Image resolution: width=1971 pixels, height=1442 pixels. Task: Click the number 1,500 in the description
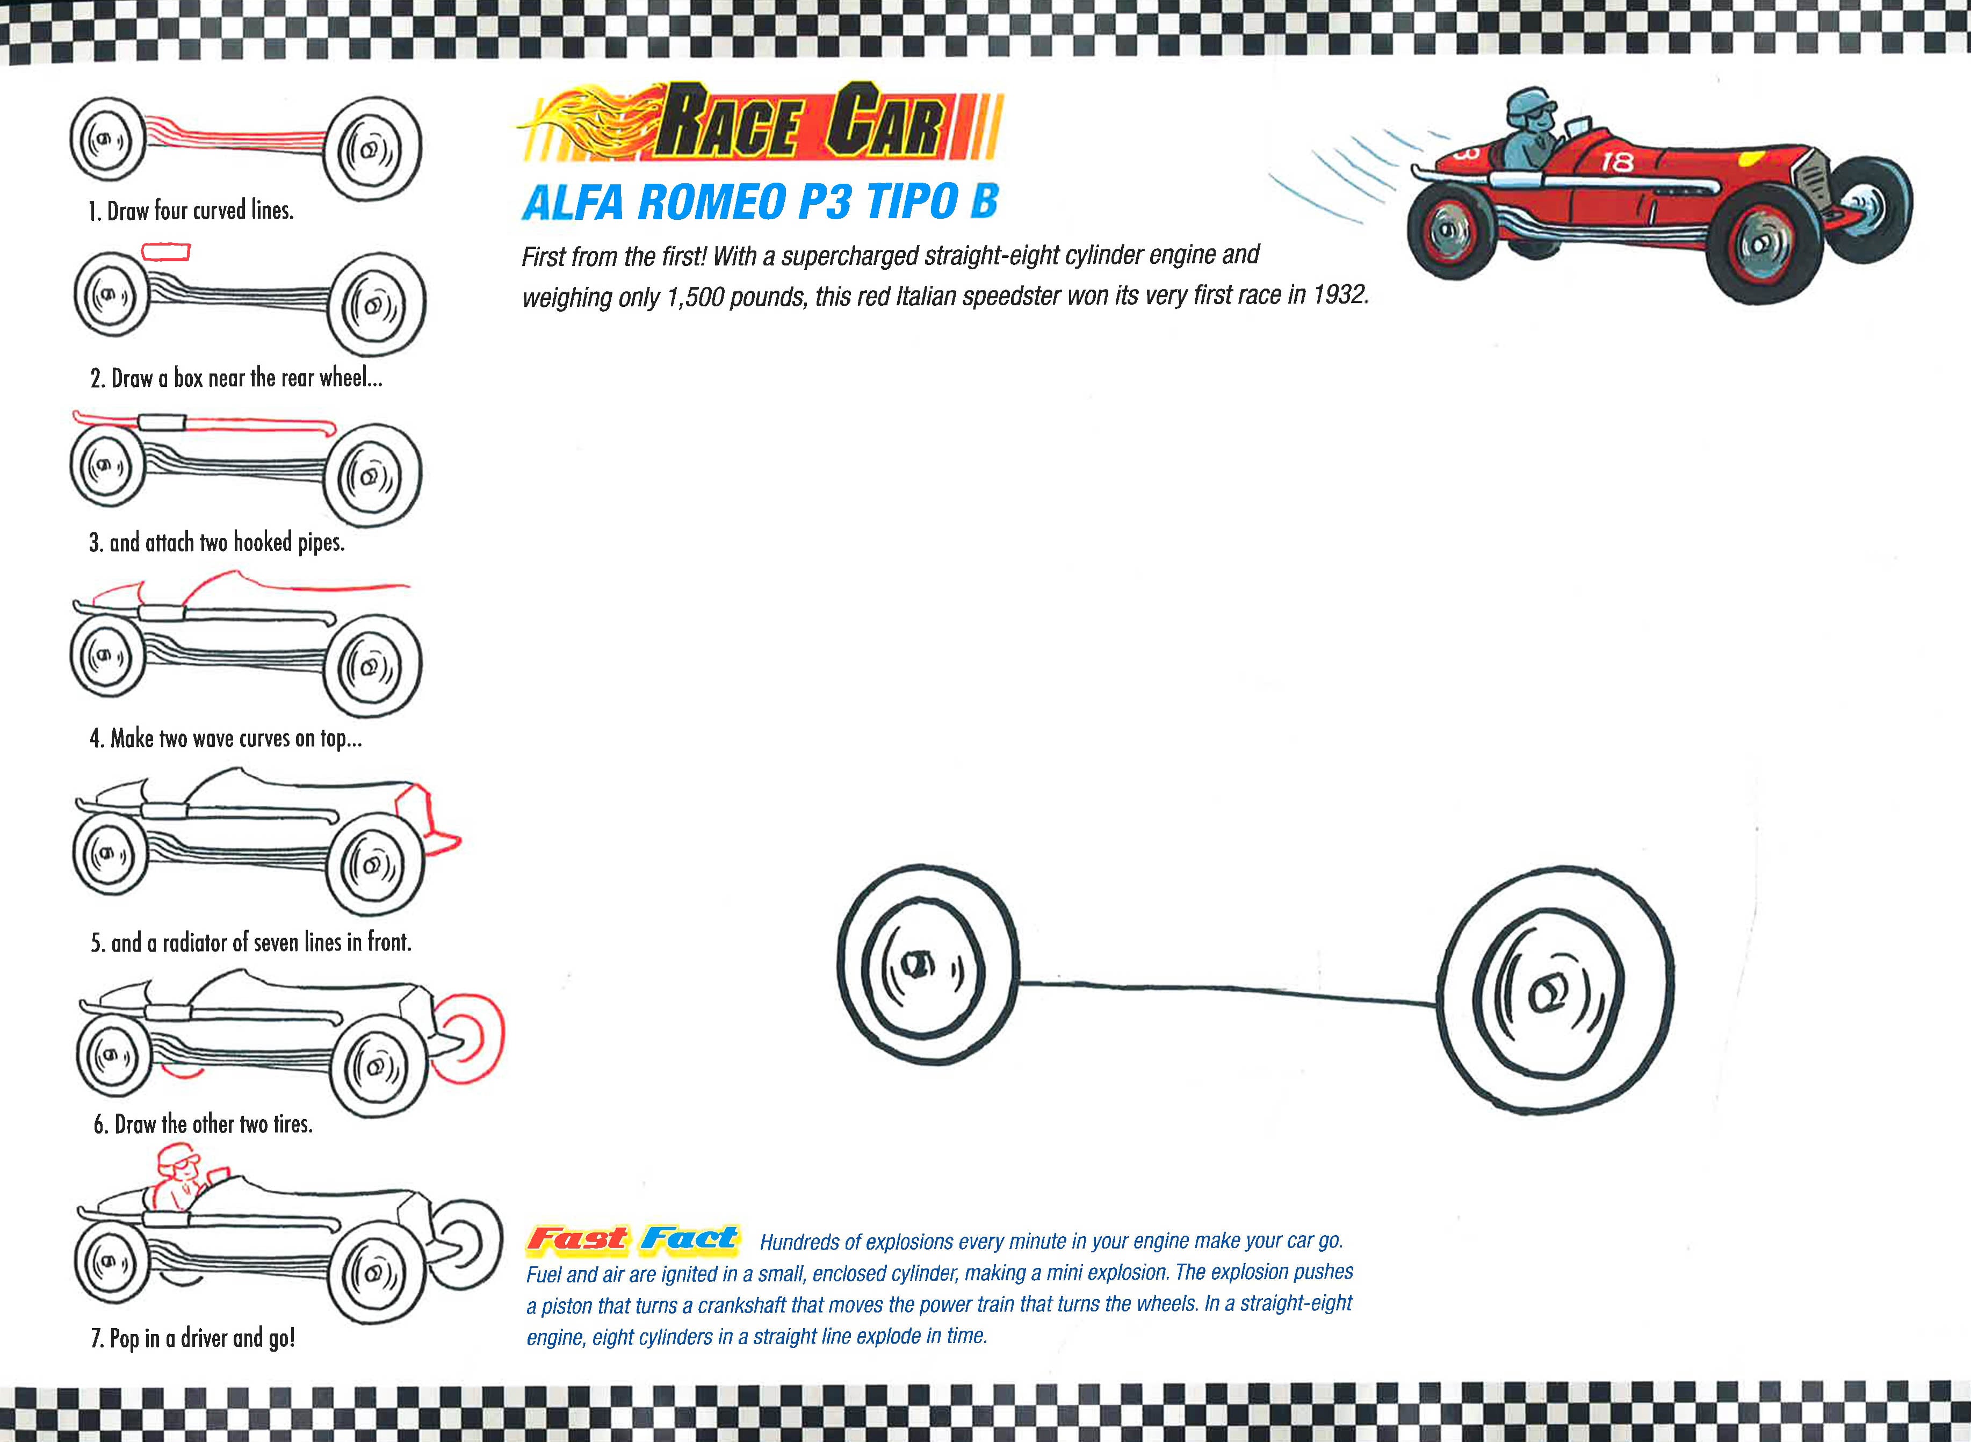(x=694, y=298)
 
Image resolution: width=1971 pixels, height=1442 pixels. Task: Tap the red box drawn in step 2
(x=166, y=253)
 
